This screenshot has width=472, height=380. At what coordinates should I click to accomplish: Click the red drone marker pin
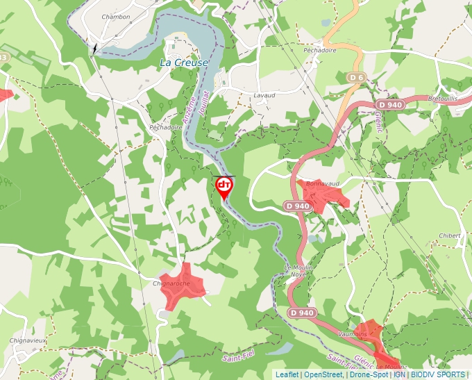pyautogui.click(x=224, y=186)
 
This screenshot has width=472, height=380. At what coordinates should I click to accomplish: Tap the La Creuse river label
pyautogui.click(x=183, y=63)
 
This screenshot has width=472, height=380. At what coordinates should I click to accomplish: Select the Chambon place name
pyautogui.click(x=115, y=16)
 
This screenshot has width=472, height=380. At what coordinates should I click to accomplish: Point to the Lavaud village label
pyautogui.click(x=264, y=95)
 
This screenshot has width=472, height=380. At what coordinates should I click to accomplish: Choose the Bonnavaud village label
pyautogui.click(x=322, y=183)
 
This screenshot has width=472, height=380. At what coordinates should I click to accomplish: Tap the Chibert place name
pyautogui.click(x=449, y=236)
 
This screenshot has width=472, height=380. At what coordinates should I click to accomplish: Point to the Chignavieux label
pyautogui.click(x=28, y=340)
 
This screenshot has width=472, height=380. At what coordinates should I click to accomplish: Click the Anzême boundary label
pyautogui.click(x=188, y=110)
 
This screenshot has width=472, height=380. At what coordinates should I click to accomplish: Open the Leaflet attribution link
pyautogui.click(x=287, y=374)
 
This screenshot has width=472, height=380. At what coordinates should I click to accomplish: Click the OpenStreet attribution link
pyautogui.click(x=323, y=374)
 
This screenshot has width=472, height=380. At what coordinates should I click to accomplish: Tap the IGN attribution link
pyautogui.click(x=399, y=374)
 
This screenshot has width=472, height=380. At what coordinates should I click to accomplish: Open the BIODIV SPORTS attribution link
pyautogui.click(x=437, y=374)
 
